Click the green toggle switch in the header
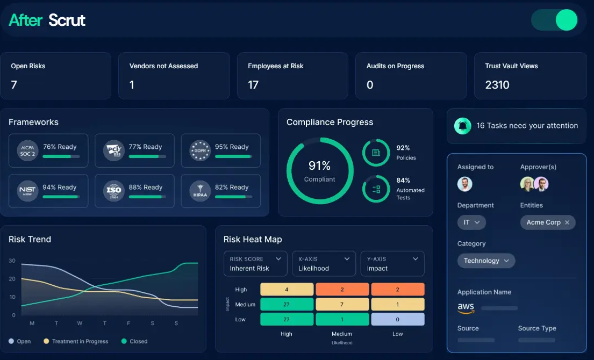pos(554,20)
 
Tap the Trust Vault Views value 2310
pos(497,84)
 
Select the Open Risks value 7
pos(14,84)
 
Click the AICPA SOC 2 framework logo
pos(27,150)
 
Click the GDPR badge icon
pos(200,150)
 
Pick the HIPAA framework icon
pos(200,191)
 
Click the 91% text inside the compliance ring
pos(319,166)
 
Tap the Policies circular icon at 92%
pos(376,153)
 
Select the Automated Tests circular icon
pos(376,189)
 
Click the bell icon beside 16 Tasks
pos(462,126)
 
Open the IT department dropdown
pos(471,222)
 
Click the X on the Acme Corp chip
pos(567,222)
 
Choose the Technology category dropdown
pos(486,261)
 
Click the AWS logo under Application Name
pos(466,308)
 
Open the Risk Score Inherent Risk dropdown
pos(255,264)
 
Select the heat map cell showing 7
pos(342,305)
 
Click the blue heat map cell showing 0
pos(397,319)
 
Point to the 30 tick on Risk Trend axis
pos(12,261)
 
